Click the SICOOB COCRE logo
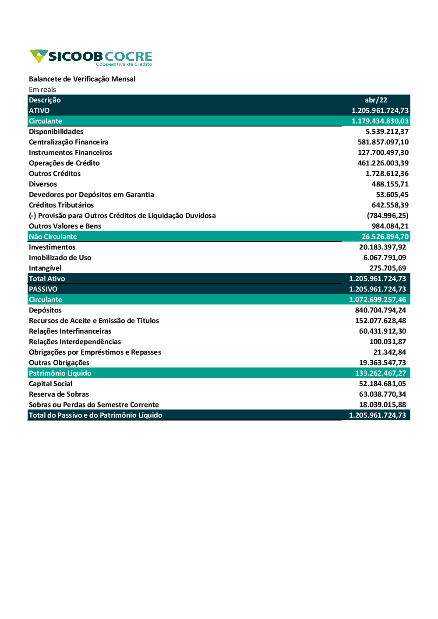(x=91, y=57)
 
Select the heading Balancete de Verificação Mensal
(x=82, y=79)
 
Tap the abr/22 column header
(x=376, y=100)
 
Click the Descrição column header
(x=45, y=100)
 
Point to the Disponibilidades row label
(x=56, y=132)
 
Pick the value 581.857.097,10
(x=383, y=142)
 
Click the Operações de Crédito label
(x=64, y=163)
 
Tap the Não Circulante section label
(x=53, y=237)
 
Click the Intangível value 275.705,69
(x=388, y=268)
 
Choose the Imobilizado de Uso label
(x=60, y=258)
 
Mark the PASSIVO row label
(x=43, y=289)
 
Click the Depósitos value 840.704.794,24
(x=380, y=310)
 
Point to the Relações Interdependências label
(x=75, y=342)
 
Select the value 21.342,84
(x=389, y=352)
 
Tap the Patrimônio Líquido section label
(x=60, y=373)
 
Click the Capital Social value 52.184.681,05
(x=382, y=384)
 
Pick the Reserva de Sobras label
(x=59, y=394)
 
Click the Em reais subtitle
(x=42, y=90)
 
